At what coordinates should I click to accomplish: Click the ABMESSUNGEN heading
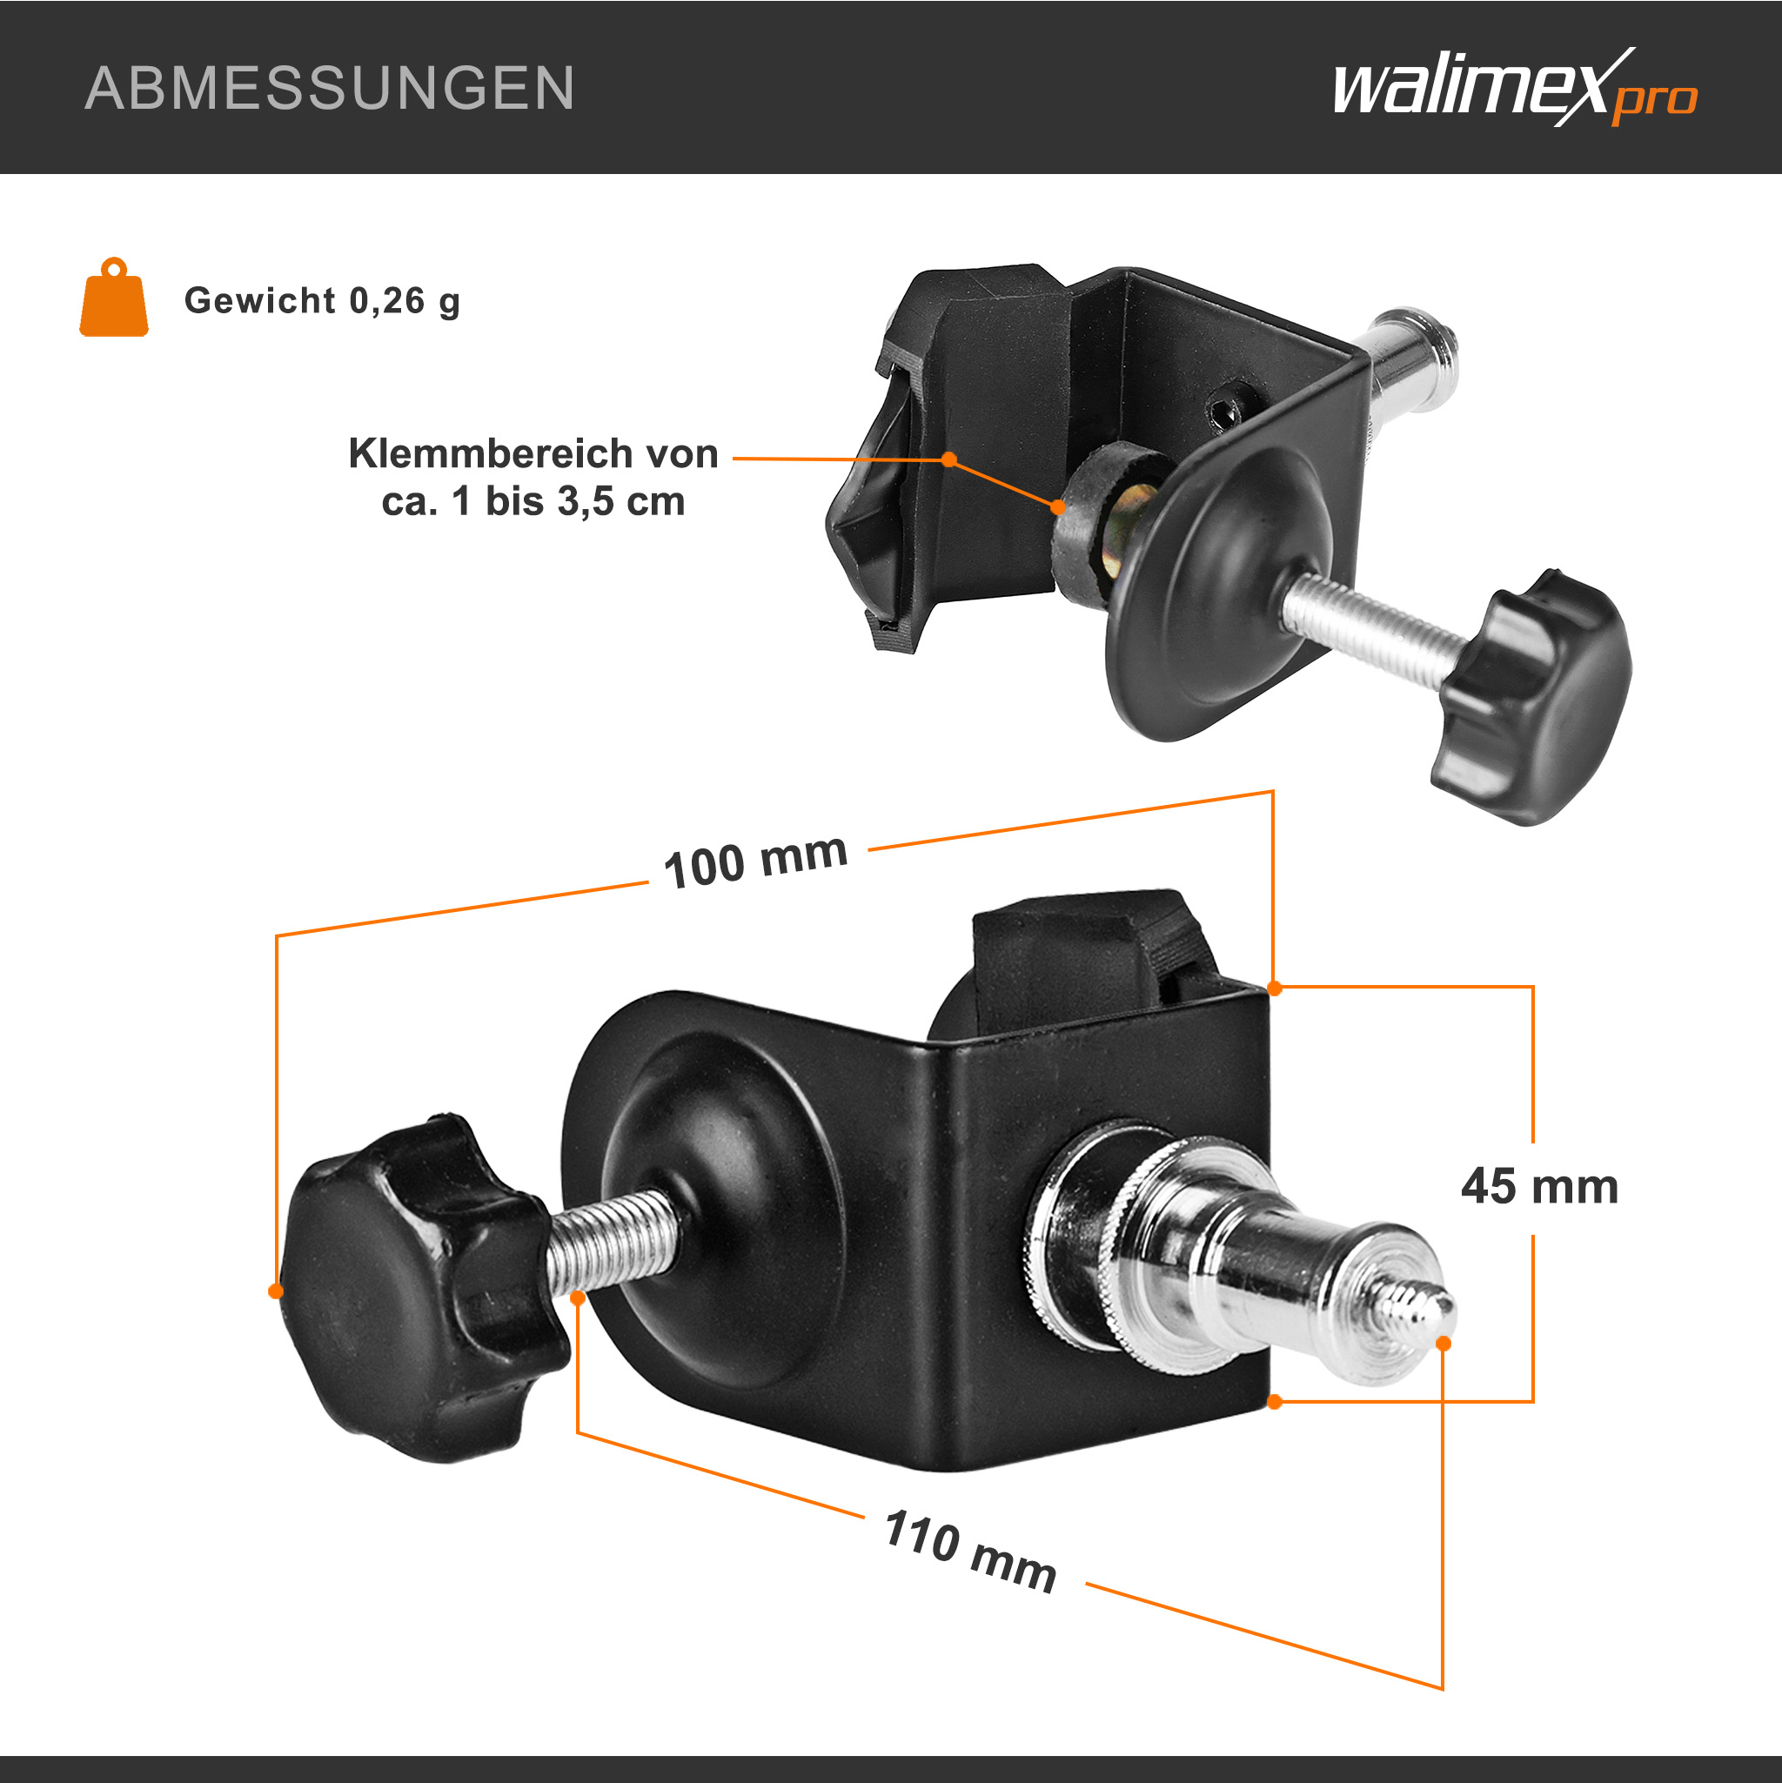point(330,89)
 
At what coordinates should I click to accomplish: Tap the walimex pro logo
point(1514,88)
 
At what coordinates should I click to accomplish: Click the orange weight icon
point(113,298)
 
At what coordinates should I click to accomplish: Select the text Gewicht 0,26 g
point(322,301)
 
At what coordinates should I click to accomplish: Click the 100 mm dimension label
point(756,861)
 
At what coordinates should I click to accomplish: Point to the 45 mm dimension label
point(1539,1187)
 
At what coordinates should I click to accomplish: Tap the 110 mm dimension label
point(970,1552)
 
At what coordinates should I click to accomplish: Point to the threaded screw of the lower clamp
point(614,1239)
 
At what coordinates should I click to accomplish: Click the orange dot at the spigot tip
point(1444,1344)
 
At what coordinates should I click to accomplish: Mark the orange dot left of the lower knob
point(275,1291)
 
